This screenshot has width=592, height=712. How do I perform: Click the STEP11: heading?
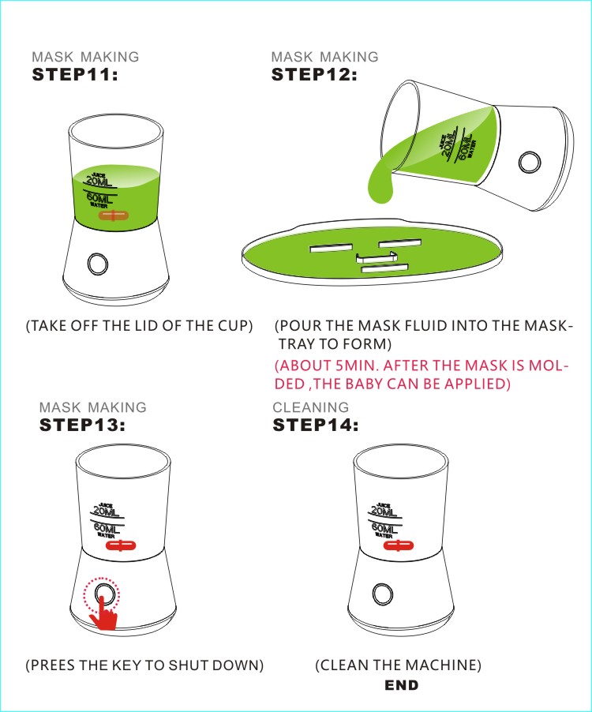tap(75, 74)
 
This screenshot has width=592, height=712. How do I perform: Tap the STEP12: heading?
tap(314, 74)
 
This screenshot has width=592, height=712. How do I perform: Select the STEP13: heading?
tap(82, 425)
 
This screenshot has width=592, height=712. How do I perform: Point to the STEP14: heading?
tap(316, 425)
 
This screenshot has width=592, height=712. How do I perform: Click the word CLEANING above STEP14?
tap(310, 407)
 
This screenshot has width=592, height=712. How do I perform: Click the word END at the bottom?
tap(401, 684)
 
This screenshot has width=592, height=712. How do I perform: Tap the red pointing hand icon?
tap(103, 614)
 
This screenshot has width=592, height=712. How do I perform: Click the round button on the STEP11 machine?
tap(98, 264)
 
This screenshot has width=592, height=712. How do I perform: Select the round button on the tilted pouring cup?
tap(530, 162)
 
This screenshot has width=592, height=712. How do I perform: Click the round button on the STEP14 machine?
tap(383, 594)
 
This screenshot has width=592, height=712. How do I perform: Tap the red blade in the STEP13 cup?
tap(121, 545)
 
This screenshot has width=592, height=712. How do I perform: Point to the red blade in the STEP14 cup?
tap(399, 545)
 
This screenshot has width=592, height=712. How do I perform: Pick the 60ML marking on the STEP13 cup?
tap(107, 529)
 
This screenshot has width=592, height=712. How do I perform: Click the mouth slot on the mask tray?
tap(385, 269)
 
